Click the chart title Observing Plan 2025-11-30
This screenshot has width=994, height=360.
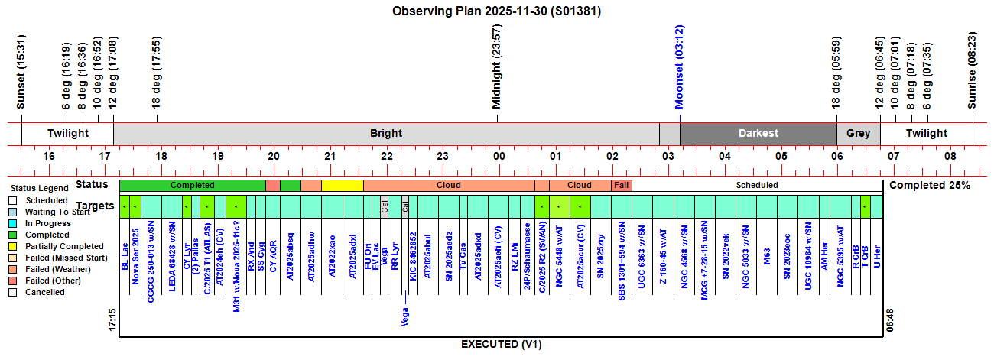tap(496, 11)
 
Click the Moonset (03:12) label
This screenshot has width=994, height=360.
tap(679, 66)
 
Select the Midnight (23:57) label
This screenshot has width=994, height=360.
tap(497, 66)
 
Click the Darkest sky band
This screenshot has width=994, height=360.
tap(758, 133)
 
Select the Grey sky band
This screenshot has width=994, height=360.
tap(858, 133)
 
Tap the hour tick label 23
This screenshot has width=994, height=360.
tap(443, 157)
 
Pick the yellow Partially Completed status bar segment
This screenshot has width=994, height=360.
tap(342, 185)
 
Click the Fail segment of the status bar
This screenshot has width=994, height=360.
tap(622, 185)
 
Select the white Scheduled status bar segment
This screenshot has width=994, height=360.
tap(757, 185)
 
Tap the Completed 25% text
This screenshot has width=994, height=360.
tap(931, 185)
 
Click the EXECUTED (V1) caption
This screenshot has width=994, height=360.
tap(501, 345)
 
